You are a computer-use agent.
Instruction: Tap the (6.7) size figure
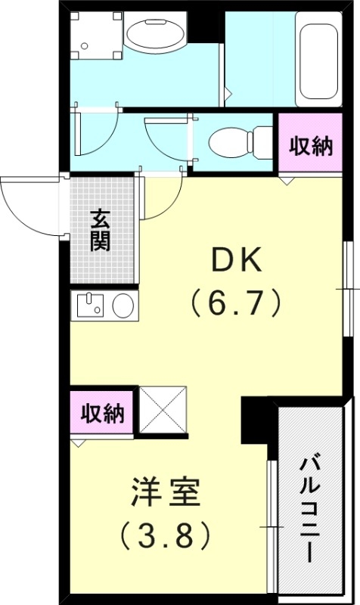coord(235,303)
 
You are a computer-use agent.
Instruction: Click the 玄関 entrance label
coord(101,230)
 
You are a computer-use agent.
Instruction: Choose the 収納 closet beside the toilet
coord(311,146)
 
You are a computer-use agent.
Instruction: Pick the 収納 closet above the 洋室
coord(103,414)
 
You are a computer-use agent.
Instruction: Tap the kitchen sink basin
coord(89,306)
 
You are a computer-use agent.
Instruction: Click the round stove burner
coord(123,306)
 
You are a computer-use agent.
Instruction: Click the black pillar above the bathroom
coord(202,25)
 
